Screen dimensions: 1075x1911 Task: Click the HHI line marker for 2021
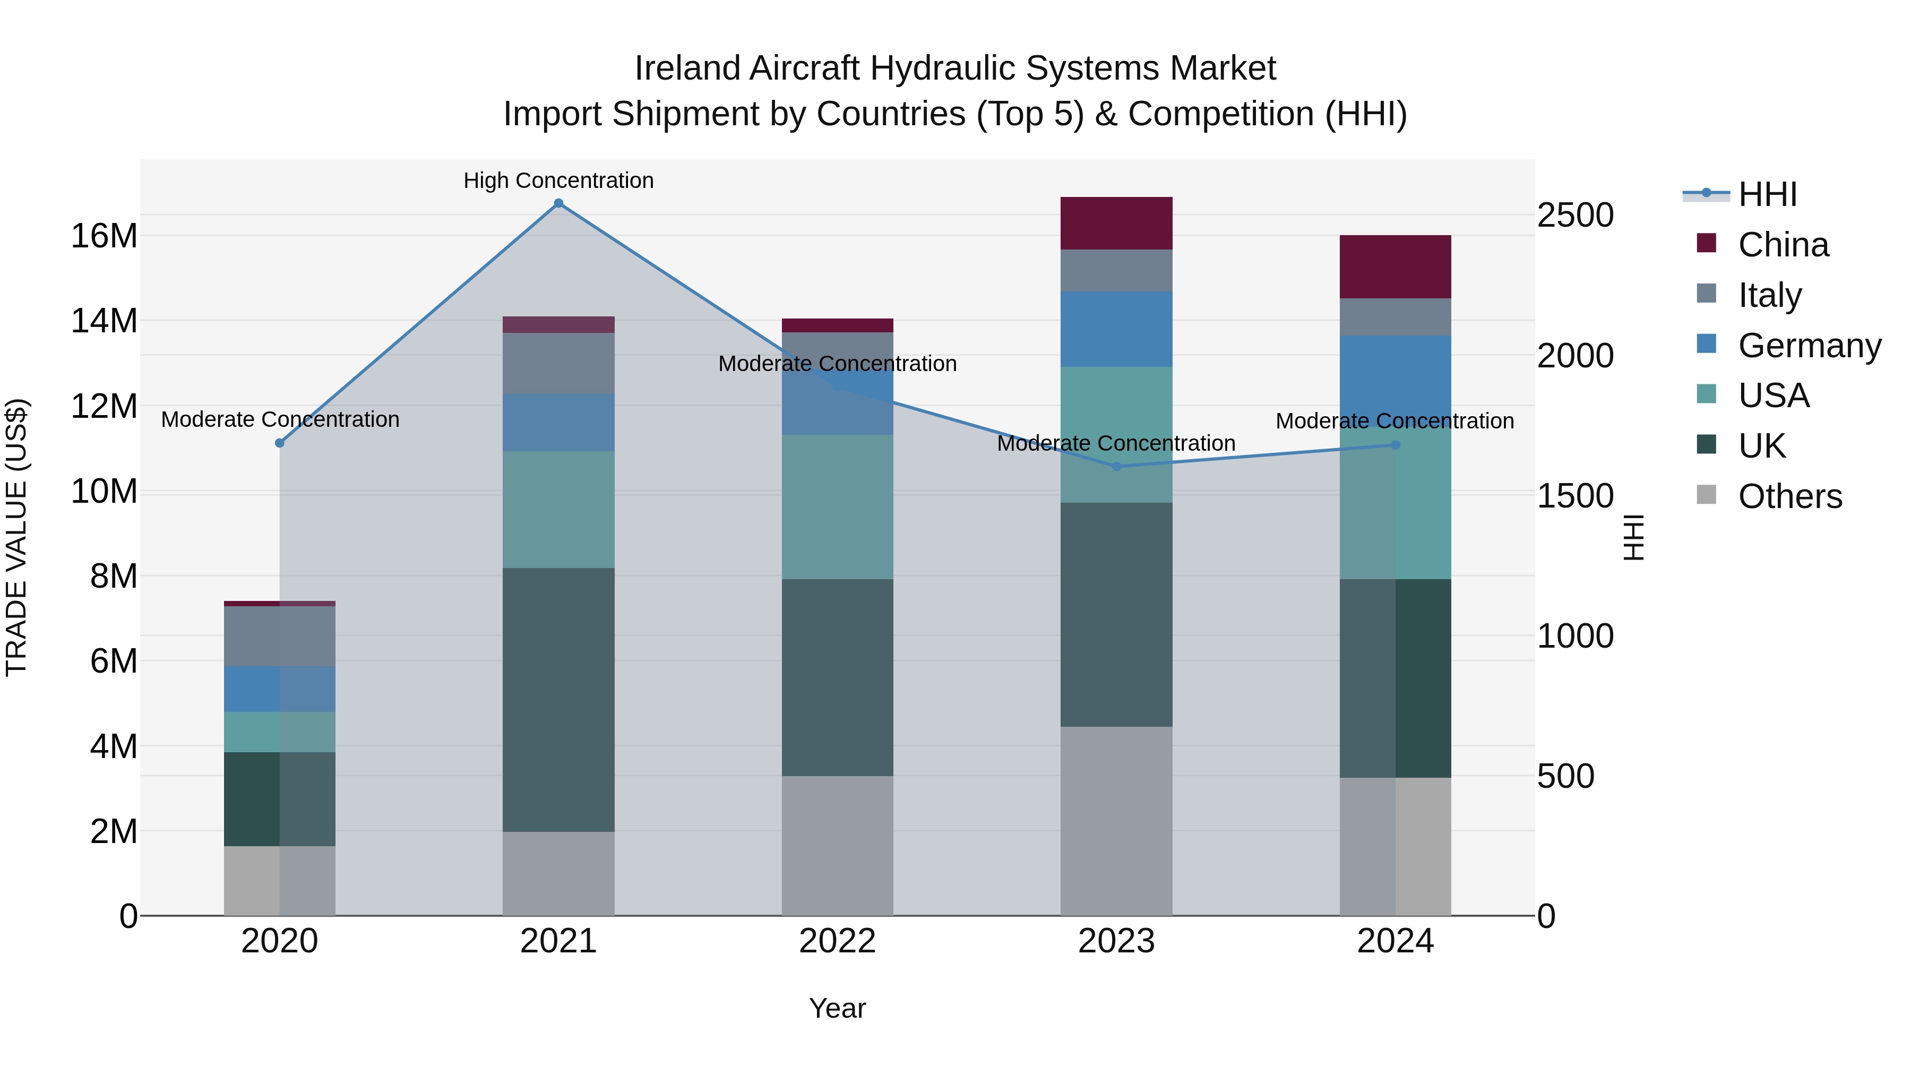(558, 203)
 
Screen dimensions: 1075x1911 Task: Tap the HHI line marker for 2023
(1116, 467)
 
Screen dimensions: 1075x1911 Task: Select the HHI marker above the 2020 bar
(280, 443)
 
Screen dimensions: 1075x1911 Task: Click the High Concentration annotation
(558, 180)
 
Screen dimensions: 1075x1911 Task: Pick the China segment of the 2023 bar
(1116, 223)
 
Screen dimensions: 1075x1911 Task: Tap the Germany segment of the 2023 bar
(1116, 329)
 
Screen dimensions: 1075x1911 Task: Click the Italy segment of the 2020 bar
(280, 636)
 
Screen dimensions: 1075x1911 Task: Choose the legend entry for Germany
(1809, 346)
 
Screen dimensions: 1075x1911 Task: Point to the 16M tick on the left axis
(104, 236)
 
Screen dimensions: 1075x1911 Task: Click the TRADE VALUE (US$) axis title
(17, 537)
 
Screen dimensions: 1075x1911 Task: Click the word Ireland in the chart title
(687, 68)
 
